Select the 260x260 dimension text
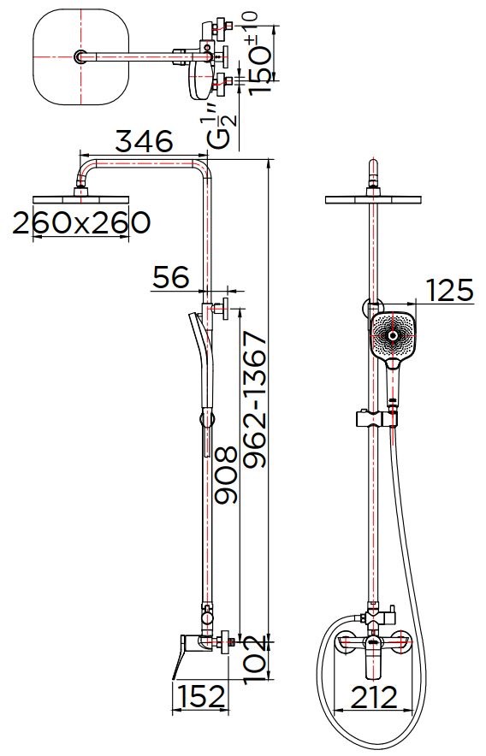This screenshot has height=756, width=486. click(x=82, y=223)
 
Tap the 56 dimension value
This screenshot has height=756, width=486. click(x=169, y=277)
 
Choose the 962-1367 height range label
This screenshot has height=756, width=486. click(x=254, y=400)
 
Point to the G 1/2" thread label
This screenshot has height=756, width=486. click(x=223, y=125)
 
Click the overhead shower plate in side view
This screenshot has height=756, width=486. click(x=82, y=199)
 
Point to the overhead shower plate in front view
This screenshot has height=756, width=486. click(x=375, y=200)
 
